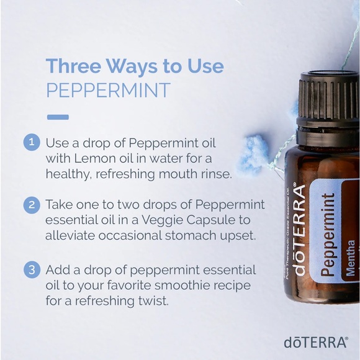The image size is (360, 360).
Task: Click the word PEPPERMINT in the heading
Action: [x=108, y=89]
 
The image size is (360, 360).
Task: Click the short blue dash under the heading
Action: [x=58, y=117]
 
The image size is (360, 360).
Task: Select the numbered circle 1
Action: [x=31, y=142]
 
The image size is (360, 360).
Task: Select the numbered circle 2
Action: [x=31, y=204]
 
